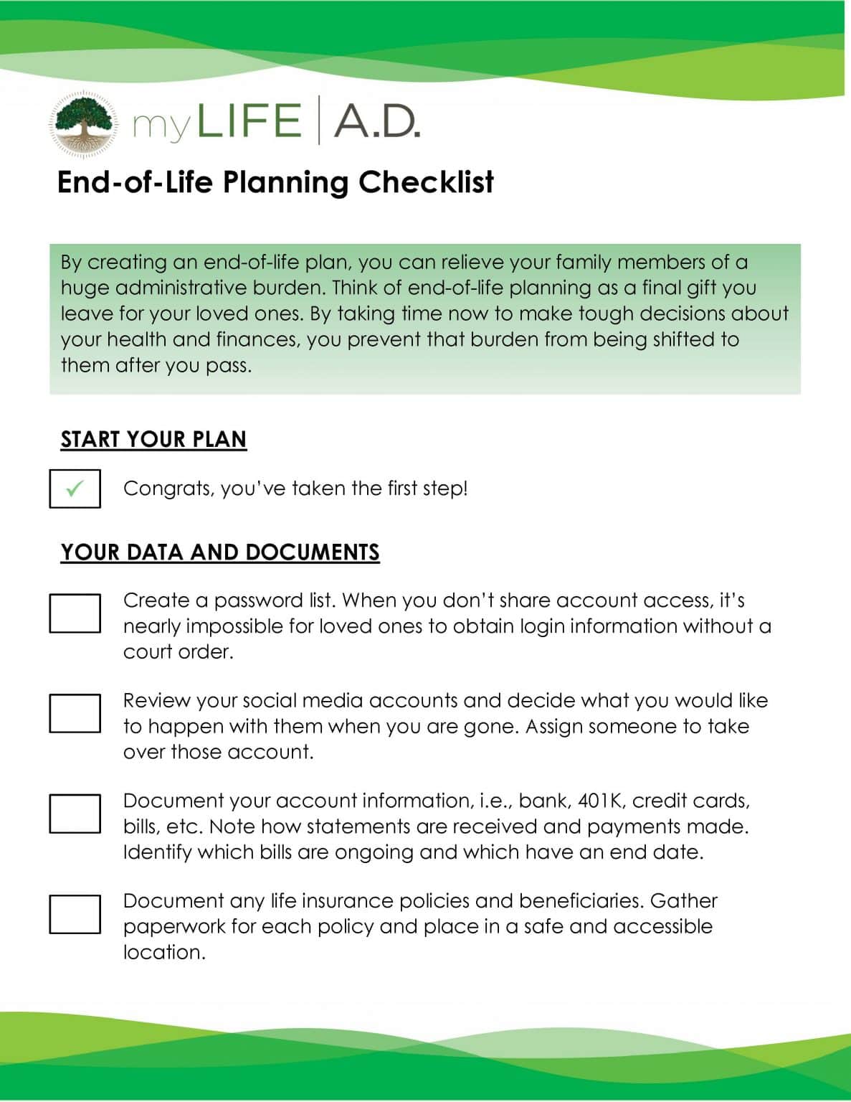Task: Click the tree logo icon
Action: point(83,123)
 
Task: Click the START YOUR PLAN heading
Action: point(153,439)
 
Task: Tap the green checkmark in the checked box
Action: point(75,489)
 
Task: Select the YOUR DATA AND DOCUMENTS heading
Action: point(220,552)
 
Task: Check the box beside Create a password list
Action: point(75,613)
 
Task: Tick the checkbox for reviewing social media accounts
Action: point(75,713)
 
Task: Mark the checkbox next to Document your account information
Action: point(75,813)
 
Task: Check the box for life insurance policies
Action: point(75,913)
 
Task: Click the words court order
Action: point(178,652)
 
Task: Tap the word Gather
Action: point(683,901)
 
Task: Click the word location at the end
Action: point(164,953)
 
